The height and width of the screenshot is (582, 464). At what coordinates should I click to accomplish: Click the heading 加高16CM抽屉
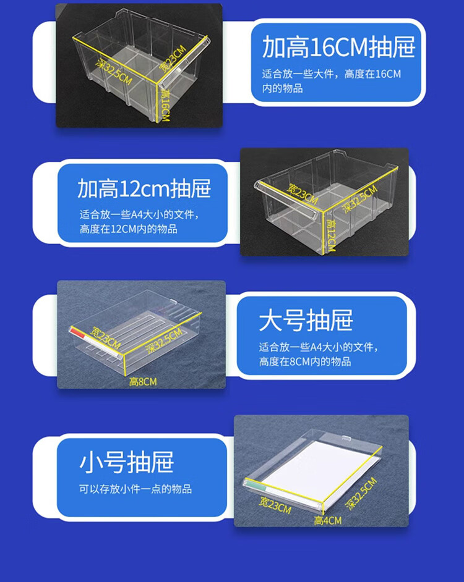(338, 47)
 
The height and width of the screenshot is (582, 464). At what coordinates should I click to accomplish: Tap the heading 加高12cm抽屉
(144, 188)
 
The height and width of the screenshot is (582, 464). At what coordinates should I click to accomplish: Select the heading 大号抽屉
(306, 320)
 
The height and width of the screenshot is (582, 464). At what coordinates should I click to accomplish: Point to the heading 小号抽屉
(126, 462)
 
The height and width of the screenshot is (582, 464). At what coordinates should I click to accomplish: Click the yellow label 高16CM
(165, 106)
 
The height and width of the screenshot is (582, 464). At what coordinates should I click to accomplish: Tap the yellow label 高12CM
(331, 235)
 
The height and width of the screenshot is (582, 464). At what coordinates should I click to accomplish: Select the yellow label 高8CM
(143, 382)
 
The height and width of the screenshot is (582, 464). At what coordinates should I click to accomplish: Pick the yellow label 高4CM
(327, 521)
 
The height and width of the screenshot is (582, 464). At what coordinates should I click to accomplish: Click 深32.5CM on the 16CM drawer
(114, 72)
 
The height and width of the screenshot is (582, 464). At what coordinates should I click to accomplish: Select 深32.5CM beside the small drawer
(361, 493)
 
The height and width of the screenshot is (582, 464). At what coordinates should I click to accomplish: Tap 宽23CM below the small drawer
(275, 505)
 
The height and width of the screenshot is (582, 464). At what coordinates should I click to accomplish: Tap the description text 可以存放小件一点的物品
(135, 489)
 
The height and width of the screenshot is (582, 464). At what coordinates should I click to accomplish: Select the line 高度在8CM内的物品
(305, 361)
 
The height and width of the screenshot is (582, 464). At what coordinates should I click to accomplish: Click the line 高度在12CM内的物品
(128, 229)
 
